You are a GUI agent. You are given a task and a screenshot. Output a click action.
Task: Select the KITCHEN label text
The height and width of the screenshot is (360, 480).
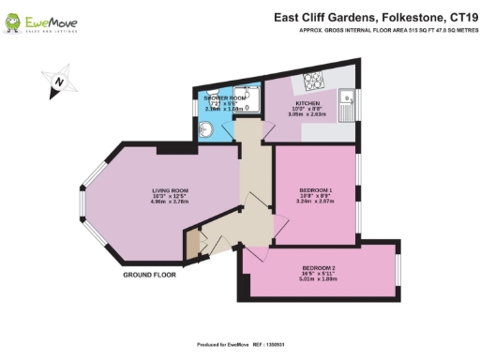pos(308,102)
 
